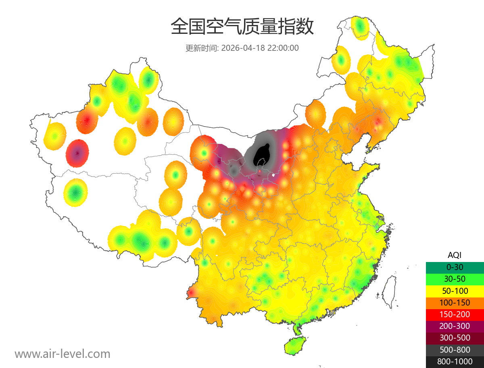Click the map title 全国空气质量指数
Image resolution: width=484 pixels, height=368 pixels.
[242, 27]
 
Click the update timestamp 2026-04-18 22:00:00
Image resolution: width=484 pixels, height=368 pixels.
[260, 48]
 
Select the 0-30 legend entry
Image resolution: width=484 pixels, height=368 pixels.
[455, 267]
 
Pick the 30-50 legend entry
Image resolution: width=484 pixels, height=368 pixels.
[455, 279]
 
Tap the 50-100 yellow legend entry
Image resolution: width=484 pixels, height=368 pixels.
[455, 291]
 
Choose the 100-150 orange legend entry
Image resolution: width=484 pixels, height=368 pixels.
[455, 303]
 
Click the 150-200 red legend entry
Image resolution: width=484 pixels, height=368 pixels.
[455, 314]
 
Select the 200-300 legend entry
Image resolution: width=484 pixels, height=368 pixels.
[455, 326]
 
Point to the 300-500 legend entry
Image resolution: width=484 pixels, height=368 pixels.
[455, 338]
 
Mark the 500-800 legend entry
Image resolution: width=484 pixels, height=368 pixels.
[455, 350]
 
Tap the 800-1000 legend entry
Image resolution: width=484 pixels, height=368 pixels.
[455, 362]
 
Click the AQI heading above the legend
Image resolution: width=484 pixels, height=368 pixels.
[455, 255]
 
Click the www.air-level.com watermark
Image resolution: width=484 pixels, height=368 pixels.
[63, 354]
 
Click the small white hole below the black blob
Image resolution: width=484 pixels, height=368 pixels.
[274, 175]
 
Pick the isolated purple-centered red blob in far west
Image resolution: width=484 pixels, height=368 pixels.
[77, 153]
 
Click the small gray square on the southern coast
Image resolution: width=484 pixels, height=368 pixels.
[332, 312]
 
